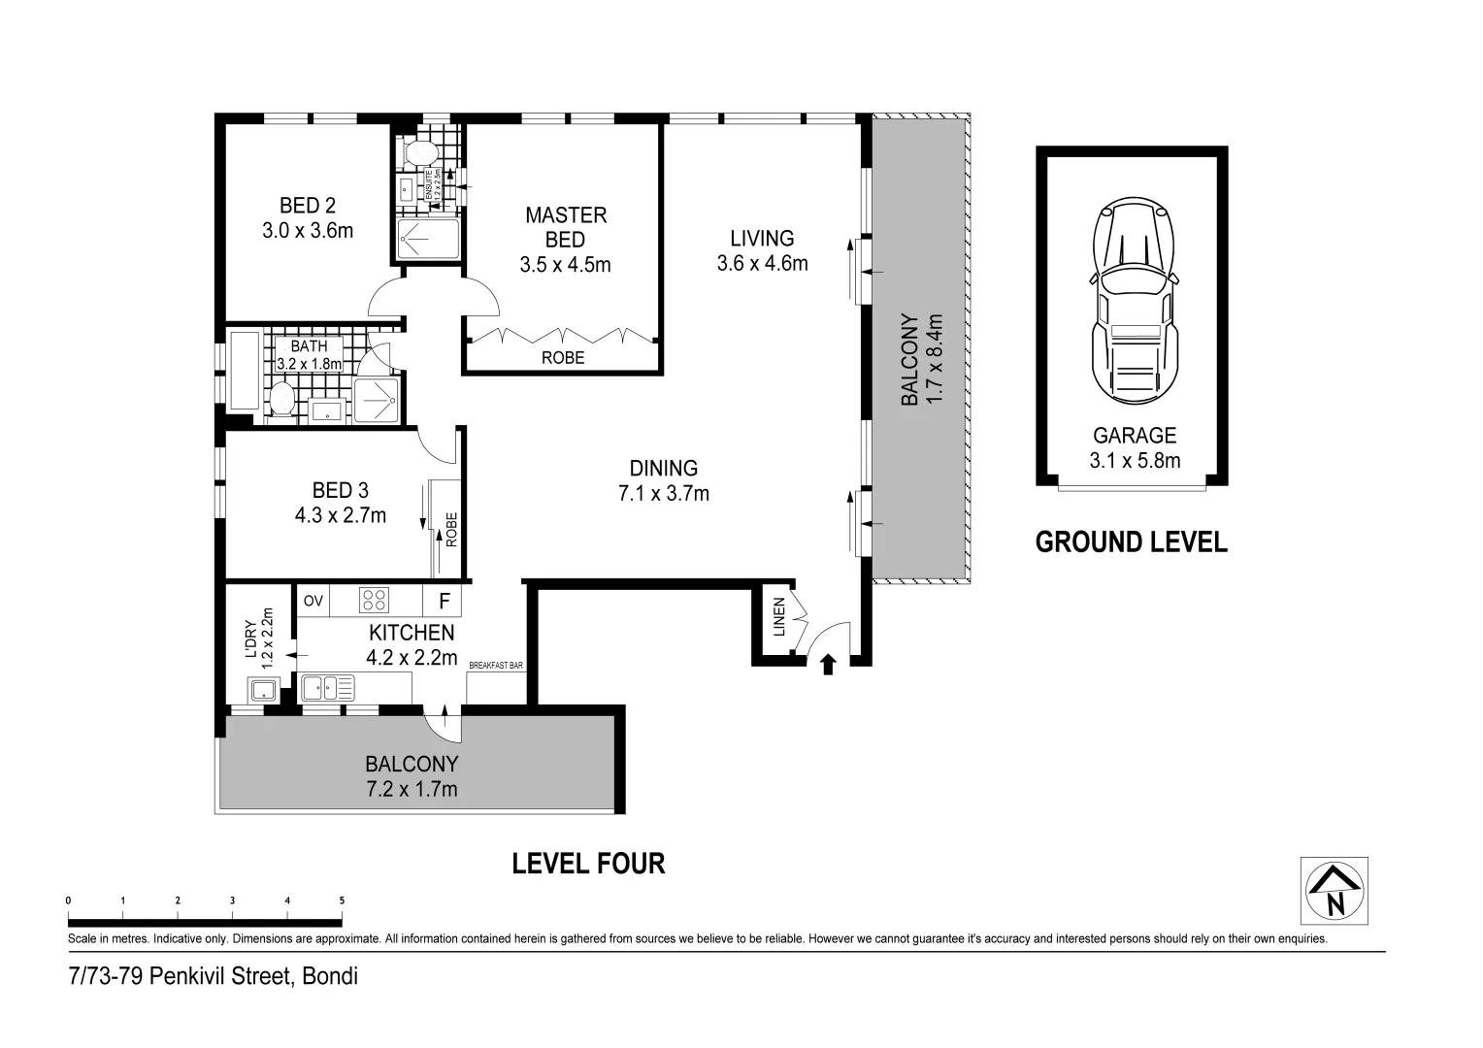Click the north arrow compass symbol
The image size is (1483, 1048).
pos(1335,891)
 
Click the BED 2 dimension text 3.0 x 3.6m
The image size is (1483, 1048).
pos(308,231)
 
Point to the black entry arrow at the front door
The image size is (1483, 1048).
pos(828,664)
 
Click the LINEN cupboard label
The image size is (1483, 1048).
pos(778,617)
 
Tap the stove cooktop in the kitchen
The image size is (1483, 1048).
pos(374,601)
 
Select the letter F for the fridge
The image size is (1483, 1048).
pos(444,601)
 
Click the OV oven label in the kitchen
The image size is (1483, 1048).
pos(313,601)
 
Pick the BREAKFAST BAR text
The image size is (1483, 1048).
pos(496,666)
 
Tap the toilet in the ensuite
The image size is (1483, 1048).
pos(420,152)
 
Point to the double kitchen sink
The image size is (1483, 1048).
pos(327,688)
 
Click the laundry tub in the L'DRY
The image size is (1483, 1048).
pos(262,691)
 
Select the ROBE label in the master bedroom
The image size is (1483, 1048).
pos(563,358)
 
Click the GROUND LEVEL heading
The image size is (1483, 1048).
pos(1131,541)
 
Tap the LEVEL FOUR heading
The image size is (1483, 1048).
pos(588,863)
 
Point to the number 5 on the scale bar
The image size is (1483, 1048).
pos(342,901)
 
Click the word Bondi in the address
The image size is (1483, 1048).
pos(330,976)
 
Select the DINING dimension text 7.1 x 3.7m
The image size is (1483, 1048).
pos(664,494)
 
